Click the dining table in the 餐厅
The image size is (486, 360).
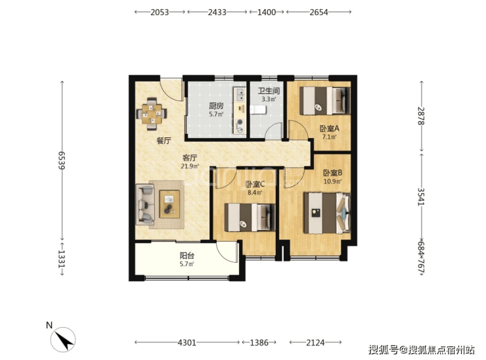(152, 114)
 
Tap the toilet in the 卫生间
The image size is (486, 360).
(258, 110)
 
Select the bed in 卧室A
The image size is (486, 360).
(325, 101)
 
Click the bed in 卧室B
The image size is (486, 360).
(327, 213)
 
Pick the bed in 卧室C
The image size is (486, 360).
(250, 217)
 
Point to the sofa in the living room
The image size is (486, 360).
(145, 204)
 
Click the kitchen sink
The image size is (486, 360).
(240, 95)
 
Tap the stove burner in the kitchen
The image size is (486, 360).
(240, 126)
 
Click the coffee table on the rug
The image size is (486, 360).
(169, 204)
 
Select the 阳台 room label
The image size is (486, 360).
(187, 256)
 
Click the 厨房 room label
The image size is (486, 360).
(216, 106)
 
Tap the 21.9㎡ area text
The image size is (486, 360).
(189, 166)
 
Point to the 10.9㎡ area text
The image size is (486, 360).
(332, 181)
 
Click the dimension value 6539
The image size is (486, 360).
(62, 160)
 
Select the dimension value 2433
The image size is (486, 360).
(217, 12)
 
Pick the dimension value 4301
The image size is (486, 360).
(187, 343)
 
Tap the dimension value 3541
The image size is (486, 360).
(421, 196)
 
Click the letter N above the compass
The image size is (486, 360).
(49, 325)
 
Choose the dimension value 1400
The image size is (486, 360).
(267, 12)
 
